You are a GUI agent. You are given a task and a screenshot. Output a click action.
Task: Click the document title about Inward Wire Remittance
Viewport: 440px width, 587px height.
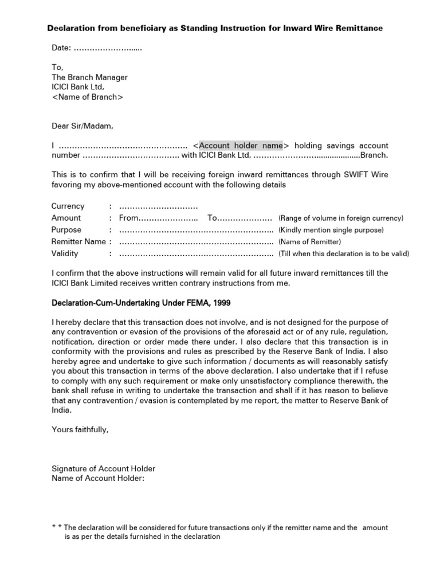click(215, 28)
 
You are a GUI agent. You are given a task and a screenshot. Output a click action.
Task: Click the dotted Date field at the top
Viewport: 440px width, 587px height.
click(108, 49)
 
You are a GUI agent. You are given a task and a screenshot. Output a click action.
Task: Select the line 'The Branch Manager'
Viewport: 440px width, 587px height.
click(89, 77)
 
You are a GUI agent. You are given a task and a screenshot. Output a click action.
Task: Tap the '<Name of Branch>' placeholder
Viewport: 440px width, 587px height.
click(87, 97)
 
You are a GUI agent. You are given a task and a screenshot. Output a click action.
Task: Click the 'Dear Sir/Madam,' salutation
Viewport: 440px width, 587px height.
click(82, 126)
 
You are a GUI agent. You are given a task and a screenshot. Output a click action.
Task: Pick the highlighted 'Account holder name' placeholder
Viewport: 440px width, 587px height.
click(241, 146)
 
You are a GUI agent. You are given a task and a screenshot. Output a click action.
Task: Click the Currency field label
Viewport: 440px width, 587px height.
click(68, 206)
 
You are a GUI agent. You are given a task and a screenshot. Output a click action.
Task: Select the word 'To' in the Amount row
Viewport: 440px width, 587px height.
click(213, 218)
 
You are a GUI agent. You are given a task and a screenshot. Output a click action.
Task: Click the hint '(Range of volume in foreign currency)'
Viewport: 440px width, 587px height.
click(341, 218)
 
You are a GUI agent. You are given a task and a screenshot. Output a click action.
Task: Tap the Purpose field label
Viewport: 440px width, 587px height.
click(66, 230)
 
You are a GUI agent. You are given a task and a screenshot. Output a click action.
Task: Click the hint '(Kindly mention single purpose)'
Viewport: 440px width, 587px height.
click(331, 230)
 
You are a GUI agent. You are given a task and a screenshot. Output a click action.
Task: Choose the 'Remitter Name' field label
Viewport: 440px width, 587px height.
click(78, 242)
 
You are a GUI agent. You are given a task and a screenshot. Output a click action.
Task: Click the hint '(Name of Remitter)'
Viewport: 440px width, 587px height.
click(309, 242)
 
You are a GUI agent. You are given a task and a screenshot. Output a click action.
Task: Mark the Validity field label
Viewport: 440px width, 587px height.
click(65, 253)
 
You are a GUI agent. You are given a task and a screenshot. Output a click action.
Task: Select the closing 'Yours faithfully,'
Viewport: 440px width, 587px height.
click(80, 429)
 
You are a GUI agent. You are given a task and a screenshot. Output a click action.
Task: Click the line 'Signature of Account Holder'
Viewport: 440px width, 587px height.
click(103, 468)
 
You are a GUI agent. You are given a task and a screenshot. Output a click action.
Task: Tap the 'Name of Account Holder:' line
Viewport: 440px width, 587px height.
click(98, 478)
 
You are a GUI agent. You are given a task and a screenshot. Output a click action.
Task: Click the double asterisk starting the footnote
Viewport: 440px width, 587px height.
click(56, 527)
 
